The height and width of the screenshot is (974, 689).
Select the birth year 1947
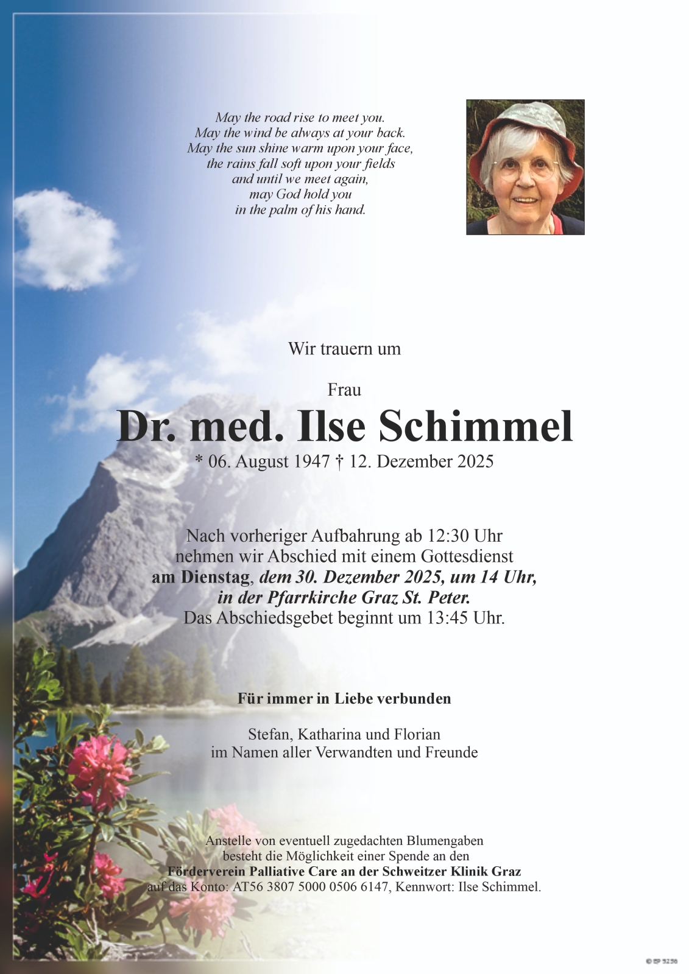(311, 462)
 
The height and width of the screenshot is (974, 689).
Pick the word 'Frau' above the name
(344, 390)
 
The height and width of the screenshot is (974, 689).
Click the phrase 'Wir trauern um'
(344, 349)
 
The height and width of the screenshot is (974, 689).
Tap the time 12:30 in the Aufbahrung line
(447, 536)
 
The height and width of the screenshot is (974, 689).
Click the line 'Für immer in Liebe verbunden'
(344, 698)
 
